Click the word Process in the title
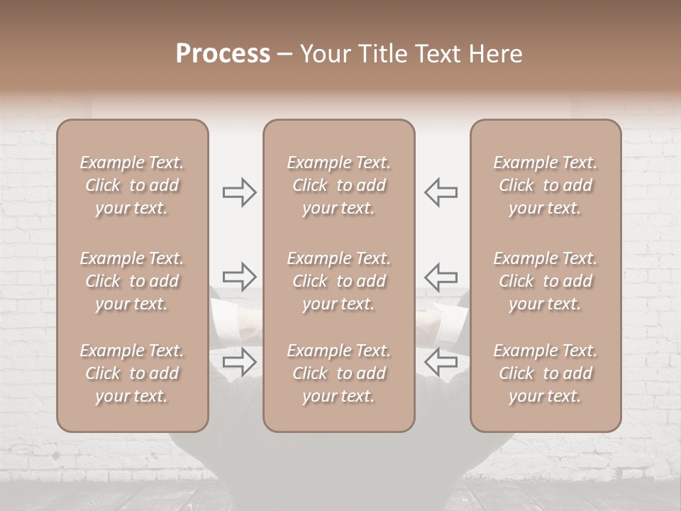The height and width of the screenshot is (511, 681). click(x=223, y=54)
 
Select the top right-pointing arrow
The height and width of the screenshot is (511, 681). click(x=239, y=192)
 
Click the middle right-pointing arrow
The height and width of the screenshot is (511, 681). click(x=239, y=276)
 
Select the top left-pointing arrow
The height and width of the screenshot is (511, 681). click(x=441, y=192)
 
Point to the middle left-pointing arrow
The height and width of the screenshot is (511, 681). click(x=441, y=276)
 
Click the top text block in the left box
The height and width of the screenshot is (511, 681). click(x=132, y=185)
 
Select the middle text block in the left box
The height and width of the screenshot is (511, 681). click(x=132, y=281)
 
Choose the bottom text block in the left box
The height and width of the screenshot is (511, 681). click(x=132, y=373)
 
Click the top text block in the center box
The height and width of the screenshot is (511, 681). click(x=339, y=185)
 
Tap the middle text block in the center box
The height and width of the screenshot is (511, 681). click(x=339, y=281)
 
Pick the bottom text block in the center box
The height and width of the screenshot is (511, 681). click(x=339, y=373)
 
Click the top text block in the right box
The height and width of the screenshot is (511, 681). click(x=546, y=185)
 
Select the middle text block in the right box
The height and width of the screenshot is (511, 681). click(x=546, y=281)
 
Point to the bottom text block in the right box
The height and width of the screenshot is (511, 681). click(x=546, y=373)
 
